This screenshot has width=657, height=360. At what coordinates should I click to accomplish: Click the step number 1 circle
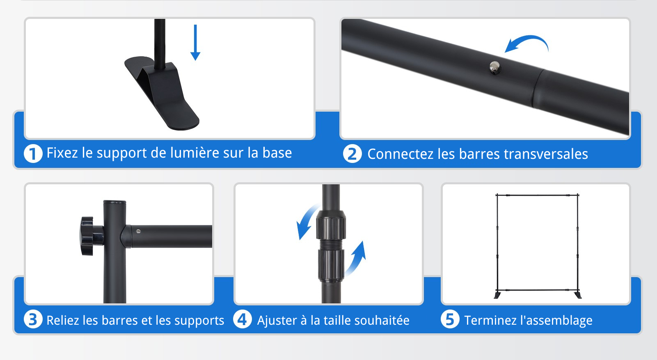tap(33, 154)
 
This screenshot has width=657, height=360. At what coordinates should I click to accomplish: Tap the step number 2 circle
tap(352, 154)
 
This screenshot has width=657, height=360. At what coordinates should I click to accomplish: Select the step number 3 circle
tap(33, 319)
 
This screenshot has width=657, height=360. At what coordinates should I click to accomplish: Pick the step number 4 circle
tap(242, 319)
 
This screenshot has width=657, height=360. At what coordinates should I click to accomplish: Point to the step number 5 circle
tap(450, 319)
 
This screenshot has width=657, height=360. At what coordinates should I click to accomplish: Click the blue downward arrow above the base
tap(195, 43)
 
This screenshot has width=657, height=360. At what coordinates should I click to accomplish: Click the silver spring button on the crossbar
tap(495, 67)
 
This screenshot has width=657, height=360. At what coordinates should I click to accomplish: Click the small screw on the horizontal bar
tap(138, 231)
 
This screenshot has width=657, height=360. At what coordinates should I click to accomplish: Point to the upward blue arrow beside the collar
tap(356, 258)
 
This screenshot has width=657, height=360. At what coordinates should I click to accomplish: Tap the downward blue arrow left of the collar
tap(307, 222)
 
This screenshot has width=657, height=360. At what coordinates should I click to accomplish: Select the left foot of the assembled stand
tap(497, 295)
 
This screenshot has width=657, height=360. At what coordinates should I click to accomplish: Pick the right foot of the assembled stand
tap(578, 295)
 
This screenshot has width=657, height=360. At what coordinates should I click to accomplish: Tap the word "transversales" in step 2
tap(546, 154)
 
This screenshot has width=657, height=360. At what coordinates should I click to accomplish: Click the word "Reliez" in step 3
tap(63, 321)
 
